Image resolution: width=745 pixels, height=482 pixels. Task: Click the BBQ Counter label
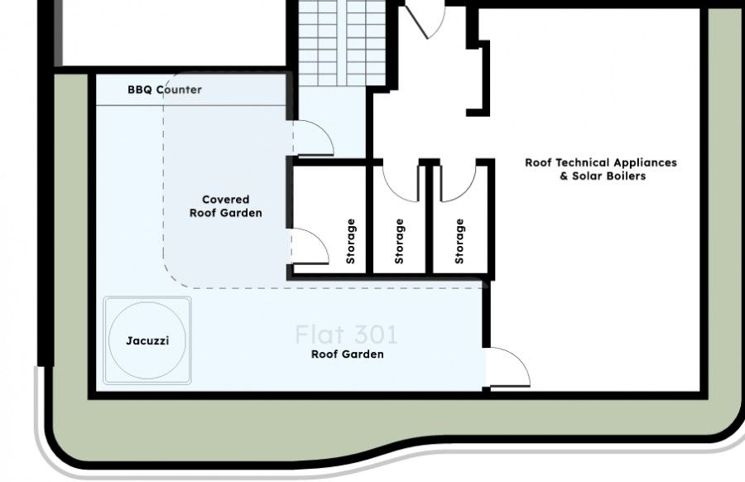[x=164, y=89]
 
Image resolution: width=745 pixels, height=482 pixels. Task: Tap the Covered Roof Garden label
[x=225, y=206]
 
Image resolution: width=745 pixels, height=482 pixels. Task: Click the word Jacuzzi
[x=148, y=340]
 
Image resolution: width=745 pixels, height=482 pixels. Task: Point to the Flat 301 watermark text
[x=346, y=335]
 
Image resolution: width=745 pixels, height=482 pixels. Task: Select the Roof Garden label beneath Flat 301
[x=347, y=354]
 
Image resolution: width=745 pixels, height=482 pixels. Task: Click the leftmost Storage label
[x=351, y=241]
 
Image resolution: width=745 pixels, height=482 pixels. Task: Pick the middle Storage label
[x=400, y=241]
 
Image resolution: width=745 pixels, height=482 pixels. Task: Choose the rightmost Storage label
[x=459, y=241]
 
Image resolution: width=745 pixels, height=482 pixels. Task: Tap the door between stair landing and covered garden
[x=313, y=137]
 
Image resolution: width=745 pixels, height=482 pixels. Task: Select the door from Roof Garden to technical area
[x=507, y=368]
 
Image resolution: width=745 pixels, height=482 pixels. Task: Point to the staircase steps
[x=342, y=41]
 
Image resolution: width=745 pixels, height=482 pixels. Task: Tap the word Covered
[x=225, y=200]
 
